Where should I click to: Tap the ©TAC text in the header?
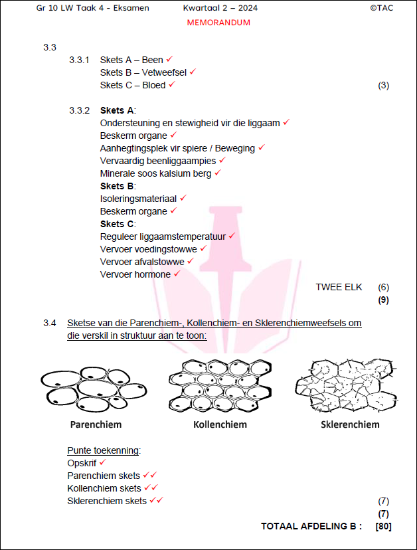383,8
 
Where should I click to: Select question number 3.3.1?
79,60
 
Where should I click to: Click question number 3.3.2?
79,110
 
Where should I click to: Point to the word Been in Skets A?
153,60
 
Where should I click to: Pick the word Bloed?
154,85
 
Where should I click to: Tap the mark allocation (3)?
383,85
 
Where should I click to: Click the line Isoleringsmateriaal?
138,198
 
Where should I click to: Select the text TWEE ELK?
339,287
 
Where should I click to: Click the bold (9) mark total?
383,300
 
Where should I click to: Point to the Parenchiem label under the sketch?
96,424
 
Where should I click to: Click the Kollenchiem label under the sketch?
220,424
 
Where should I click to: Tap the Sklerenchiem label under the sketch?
350,424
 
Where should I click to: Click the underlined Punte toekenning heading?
104,450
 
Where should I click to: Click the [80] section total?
383,527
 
